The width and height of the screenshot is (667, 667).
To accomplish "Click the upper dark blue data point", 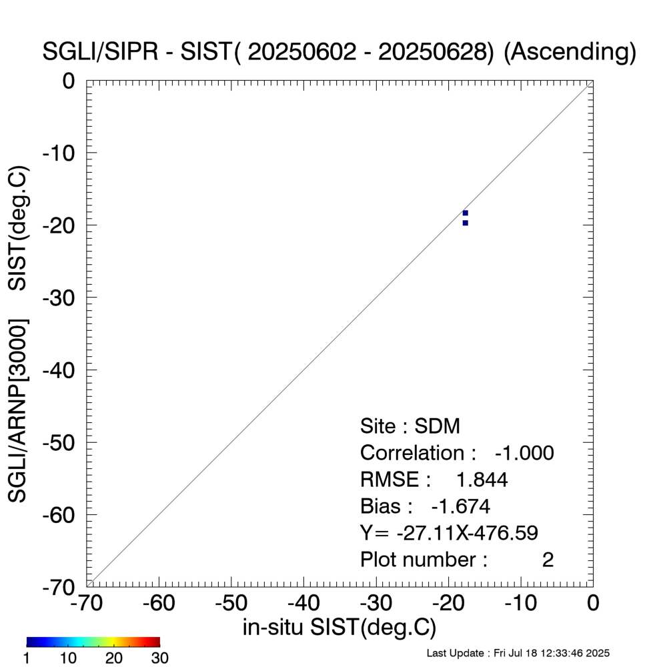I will (x=465, y=213).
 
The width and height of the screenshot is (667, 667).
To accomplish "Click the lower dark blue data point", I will (x=465, y=223).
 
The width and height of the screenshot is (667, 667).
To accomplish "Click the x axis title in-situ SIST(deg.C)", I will (x=340, y=628).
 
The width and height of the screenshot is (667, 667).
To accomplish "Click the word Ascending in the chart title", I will (x=566, y=53).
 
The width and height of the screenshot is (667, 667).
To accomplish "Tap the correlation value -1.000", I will (x=524, y=453).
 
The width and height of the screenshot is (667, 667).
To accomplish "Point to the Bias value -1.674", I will (x=461, y=506).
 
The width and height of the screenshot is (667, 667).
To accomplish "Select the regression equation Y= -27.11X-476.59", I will (x=449, y=533).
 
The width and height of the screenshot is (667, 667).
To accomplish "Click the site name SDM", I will (x=438, y=426).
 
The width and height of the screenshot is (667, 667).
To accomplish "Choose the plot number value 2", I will (x=548, y=560).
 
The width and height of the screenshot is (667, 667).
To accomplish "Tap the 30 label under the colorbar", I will (x=159, y=658).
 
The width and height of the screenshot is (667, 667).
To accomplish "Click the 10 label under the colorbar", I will (x=69, y=658).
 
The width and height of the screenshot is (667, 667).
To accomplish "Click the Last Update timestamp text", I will (x=518, y=653).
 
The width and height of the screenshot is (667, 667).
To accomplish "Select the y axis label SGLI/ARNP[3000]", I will (x=18, y=411).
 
